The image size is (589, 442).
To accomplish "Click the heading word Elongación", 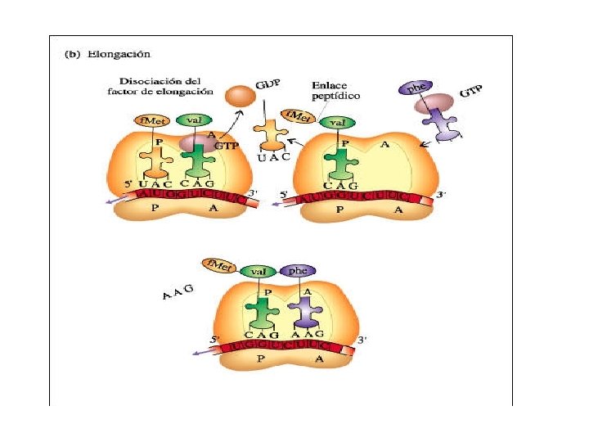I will pos(128,55).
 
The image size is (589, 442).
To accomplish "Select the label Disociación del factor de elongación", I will pos(166,87).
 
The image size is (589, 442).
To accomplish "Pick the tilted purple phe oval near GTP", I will pos(415,88).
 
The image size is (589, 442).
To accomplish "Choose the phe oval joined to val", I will pos(298,270).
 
